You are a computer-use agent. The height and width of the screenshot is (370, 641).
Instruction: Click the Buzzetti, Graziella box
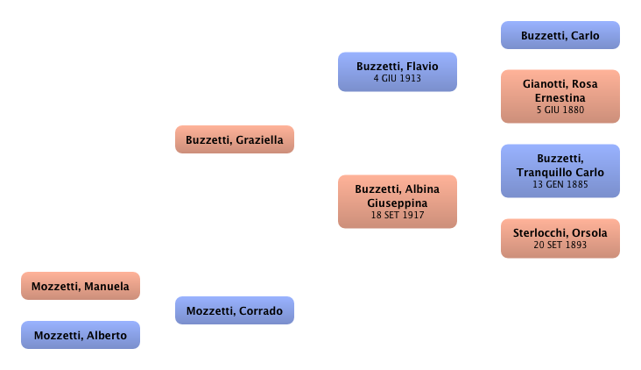234,139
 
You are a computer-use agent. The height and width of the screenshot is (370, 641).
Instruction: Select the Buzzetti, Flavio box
397,71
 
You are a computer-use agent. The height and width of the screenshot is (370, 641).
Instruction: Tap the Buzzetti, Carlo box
560,36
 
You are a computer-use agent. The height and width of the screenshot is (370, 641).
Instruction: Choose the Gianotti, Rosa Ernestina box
560,96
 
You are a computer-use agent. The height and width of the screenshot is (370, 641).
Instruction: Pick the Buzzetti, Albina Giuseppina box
397,201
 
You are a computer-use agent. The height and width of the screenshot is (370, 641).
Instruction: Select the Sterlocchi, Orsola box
560,237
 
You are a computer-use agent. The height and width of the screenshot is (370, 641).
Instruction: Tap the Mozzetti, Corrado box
234,310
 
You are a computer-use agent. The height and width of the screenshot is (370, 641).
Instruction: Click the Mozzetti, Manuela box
80,286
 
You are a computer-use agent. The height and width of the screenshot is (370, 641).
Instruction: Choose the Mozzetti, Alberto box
80,335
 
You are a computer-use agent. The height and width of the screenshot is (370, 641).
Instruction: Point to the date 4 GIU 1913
397,78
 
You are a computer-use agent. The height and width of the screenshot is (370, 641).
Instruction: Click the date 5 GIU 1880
560,110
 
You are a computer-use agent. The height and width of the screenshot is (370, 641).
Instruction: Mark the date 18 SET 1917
397,215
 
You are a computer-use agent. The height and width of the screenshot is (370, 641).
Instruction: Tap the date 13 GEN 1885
560,184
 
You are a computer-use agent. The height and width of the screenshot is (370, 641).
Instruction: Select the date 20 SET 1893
560,245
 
